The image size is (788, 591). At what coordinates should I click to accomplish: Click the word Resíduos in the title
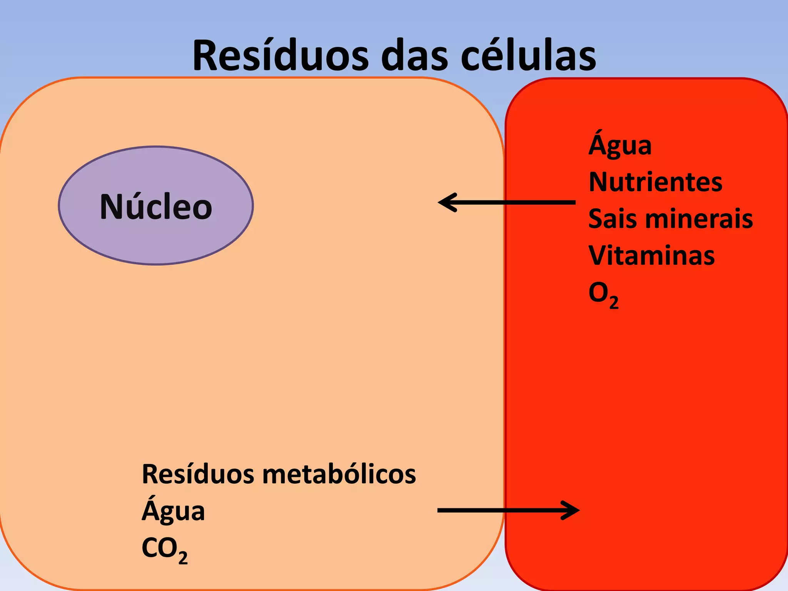pos(280,56)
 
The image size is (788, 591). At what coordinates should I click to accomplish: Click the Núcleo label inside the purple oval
pos(156,207)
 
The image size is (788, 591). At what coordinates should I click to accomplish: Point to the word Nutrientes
pos(655,182)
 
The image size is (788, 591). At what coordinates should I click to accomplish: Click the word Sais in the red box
pos(612,219)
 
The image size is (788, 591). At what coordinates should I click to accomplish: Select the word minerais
pos(699,219)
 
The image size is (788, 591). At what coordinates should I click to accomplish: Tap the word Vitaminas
pos(651,255)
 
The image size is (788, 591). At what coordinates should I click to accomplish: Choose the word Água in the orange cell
pos(173,511)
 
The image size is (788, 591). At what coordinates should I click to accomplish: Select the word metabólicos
pos(339,474)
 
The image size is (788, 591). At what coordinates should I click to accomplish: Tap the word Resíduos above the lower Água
pos(198,474)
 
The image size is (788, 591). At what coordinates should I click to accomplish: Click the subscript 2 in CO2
pos(183,558)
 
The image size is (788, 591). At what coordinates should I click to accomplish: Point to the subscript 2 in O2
pos(614,302)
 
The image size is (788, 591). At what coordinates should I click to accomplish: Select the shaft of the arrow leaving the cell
pos(500,511)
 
